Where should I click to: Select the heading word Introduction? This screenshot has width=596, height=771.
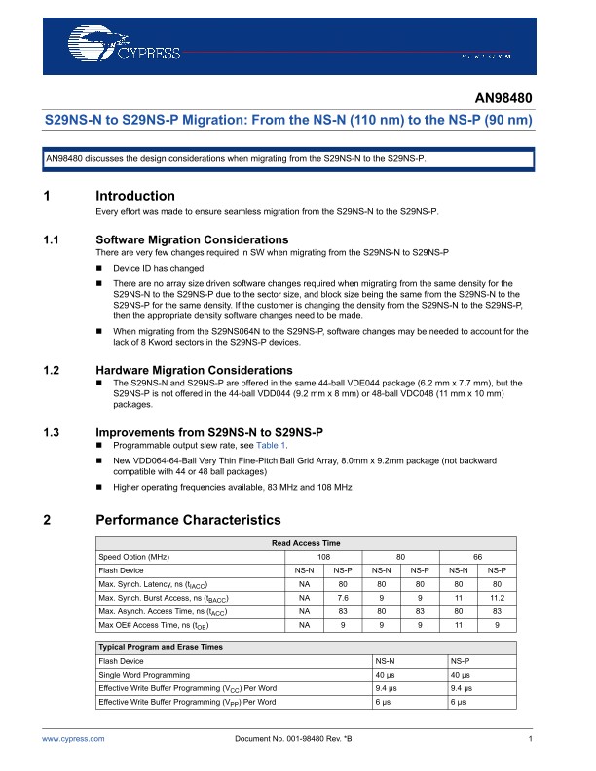135,196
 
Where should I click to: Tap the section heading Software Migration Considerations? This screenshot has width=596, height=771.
192,239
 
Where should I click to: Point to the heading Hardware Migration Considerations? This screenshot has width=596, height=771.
194,370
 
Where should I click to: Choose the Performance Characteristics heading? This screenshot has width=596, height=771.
188,520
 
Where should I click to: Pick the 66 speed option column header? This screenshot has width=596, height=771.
477,556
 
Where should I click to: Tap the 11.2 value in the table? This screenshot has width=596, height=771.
497,597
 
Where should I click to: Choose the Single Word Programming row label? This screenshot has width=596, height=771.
144,674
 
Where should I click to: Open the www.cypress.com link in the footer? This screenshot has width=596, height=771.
73,740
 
